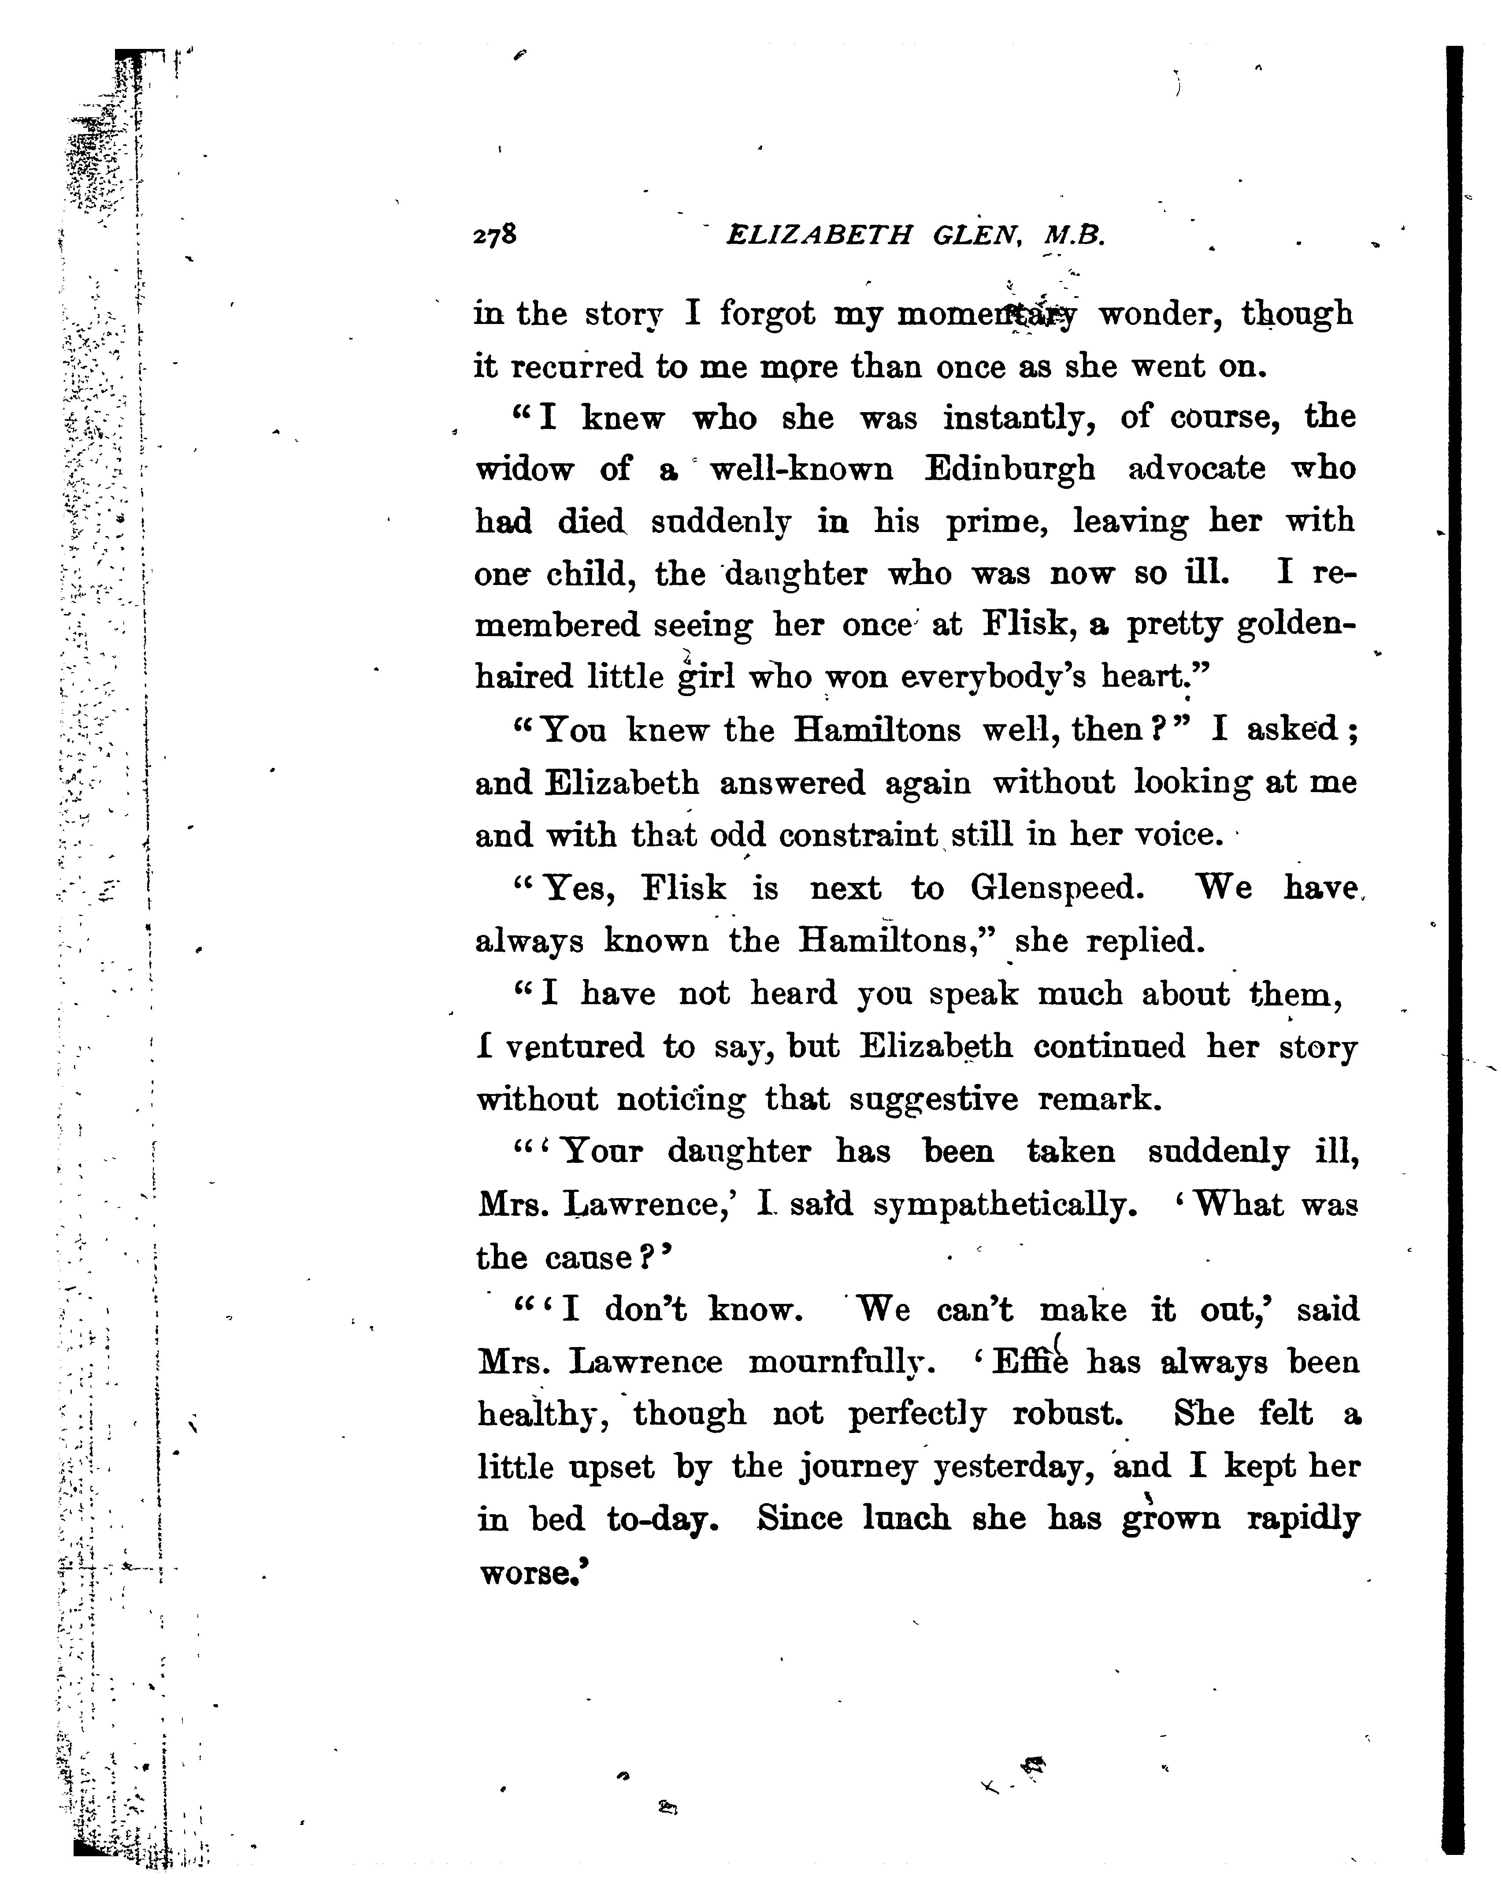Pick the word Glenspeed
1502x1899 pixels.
pyautogui.click(x=1057, y=889)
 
